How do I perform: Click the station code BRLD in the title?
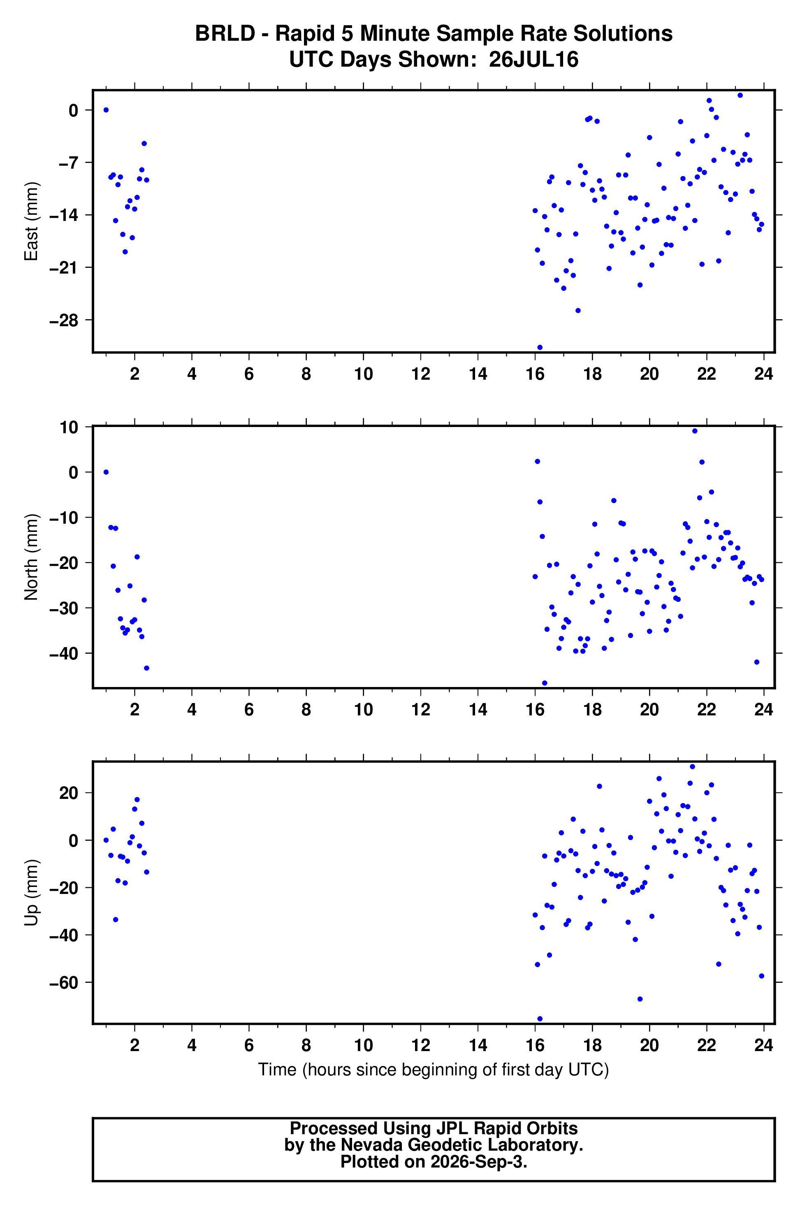point(225,34)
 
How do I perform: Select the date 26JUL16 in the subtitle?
point(534,60)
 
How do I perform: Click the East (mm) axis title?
point(31,221)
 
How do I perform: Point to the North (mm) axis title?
point(31,557)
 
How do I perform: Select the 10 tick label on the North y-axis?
point(69,427)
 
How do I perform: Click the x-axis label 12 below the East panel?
point(420,374)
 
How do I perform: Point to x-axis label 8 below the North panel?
point(306,710)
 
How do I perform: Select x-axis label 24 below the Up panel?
point(764,1045)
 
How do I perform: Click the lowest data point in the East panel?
point(539,348)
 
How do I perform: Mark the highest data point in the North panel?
point(694,431)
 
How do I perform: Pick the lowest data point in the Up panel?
point(539,1019)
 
